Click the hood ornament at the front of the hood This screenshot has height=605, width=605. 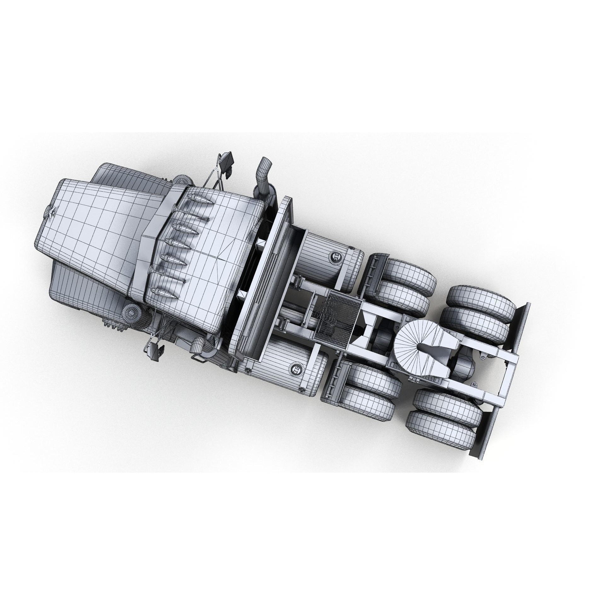(50, 212)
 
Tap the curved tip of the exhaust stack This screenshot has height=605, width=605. (266, 165)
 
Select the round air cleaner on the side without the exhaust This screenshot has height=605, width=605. (132, 315)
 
